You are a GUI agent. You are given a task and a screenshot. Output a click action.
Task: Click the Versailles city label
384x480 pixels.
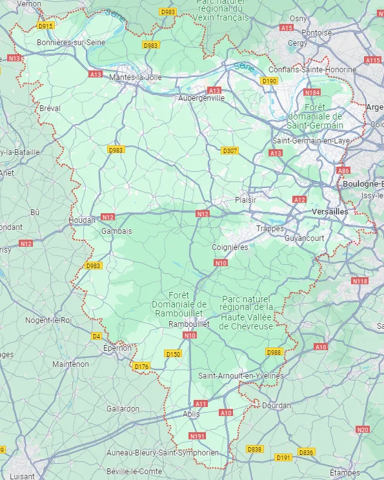(x=329, y=211)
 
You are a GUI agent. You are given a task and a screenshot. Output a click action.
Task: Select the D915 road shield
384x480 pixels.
(x=46, y=26)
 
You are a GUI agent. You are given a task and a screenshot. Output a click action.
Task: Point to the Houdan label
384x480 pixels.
(x=82, y=220)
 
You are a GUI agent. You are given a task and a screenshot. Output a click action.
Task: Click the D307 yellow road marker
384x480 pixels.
(x=230, y=151)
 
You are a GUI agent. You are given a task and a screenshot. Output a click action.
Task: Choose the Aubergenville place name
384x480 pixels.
(x=201, y=98)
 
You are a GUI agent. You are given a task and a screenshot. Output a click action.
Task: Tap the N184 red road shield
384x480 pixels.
(x=312, y=92)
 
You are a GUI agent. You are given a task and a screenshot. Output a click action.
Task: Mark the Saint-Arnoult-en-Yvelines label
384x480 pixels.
(x=241, y=375)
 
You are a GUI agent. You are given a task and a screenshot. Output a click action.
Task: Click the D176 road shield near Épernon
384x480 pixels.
(x=141, y=366)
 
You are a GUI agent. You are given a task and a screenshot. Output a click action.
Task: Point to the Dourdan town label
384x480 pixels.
(x=276, y=405)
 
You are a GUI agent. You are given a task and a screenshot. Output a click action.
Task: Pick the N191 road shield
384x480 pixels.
(x=197, y=436)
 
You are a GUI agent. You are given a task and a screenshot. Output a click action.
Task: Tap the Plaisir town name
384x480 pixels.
(x=245, y=200)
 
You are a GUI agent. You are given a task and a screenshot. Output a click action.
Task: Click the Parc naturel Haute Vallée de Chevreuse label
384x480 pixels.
(x=248, y=313)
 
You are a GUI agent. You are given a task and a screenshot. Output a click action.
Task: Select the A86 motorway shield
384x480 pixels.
(x=343, y=171)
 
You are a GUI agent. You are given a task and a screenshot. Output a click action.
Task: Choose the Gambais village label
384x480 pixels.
(x=117, y=231)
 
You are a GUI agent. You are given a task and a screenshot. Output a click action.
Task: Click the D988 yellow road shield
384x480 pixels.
(x=274, y=352)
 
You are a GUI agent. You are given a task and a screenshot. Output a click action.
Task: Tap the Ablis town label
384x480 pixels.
(x=192, y=414)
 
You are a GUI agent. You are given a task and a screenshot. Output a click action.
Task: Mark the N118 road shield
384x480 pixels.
(x=359, y=281)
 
